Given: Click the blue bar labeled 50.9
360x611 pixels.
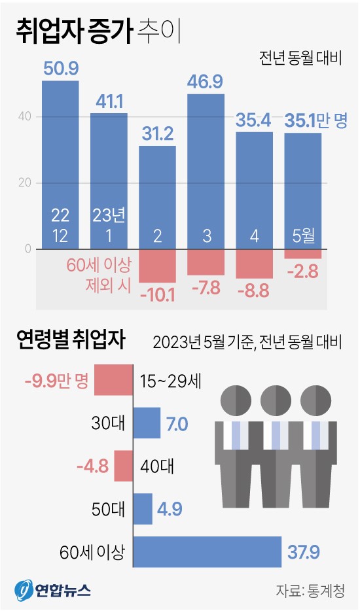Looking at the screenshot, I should pos(60,164).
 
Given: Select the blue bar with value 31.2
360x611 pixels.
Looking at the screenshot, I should pos(157,196).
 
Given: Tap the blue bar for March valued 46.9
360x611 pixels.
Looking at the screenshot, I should pos(206,170).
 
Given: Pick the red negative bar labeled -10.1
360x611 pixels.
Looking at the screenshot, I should pos(157,265).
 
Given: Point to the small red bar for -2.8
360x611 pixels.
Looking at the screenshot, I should pos(302,254).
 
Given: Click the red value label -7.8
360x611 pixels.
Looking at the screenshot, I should pos(206,287).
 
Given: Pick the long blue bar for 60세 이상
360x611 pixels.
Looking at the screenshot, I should pos(206,552).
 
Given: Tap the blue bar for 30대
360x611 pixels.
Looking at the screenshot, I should pos(147,423).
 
